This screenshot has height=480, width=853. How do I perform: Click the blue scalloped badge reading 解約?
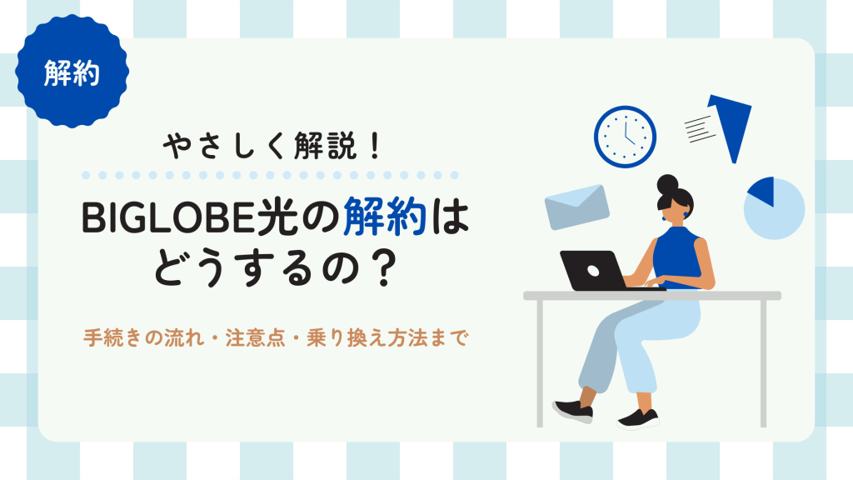click(72, 72)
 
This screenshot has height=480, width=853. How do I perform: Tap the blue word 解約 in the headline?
click(385, 217)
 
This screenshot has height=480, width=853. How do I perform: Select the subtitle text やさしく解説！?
click(272, 146)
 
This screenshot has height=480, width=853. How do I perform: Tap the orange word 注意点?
click(255, 338)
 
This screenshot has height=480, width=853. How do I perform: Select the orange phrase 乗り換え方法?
click(367, 338)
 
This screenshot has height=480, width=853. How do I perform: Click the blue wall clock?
click(625, 137)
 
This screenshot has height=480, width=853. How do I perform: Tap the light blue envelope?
click(576, 207)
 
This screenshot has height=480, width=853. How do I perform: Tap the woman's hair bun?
click(667, 184)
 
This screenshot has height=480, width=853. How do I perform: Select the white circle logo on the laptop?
click(593, 271)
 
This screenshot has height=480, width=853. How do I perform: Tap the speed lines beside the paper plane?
click(700, 129)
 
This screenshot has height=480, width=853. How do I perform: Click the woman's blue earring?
click(664, 219)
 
